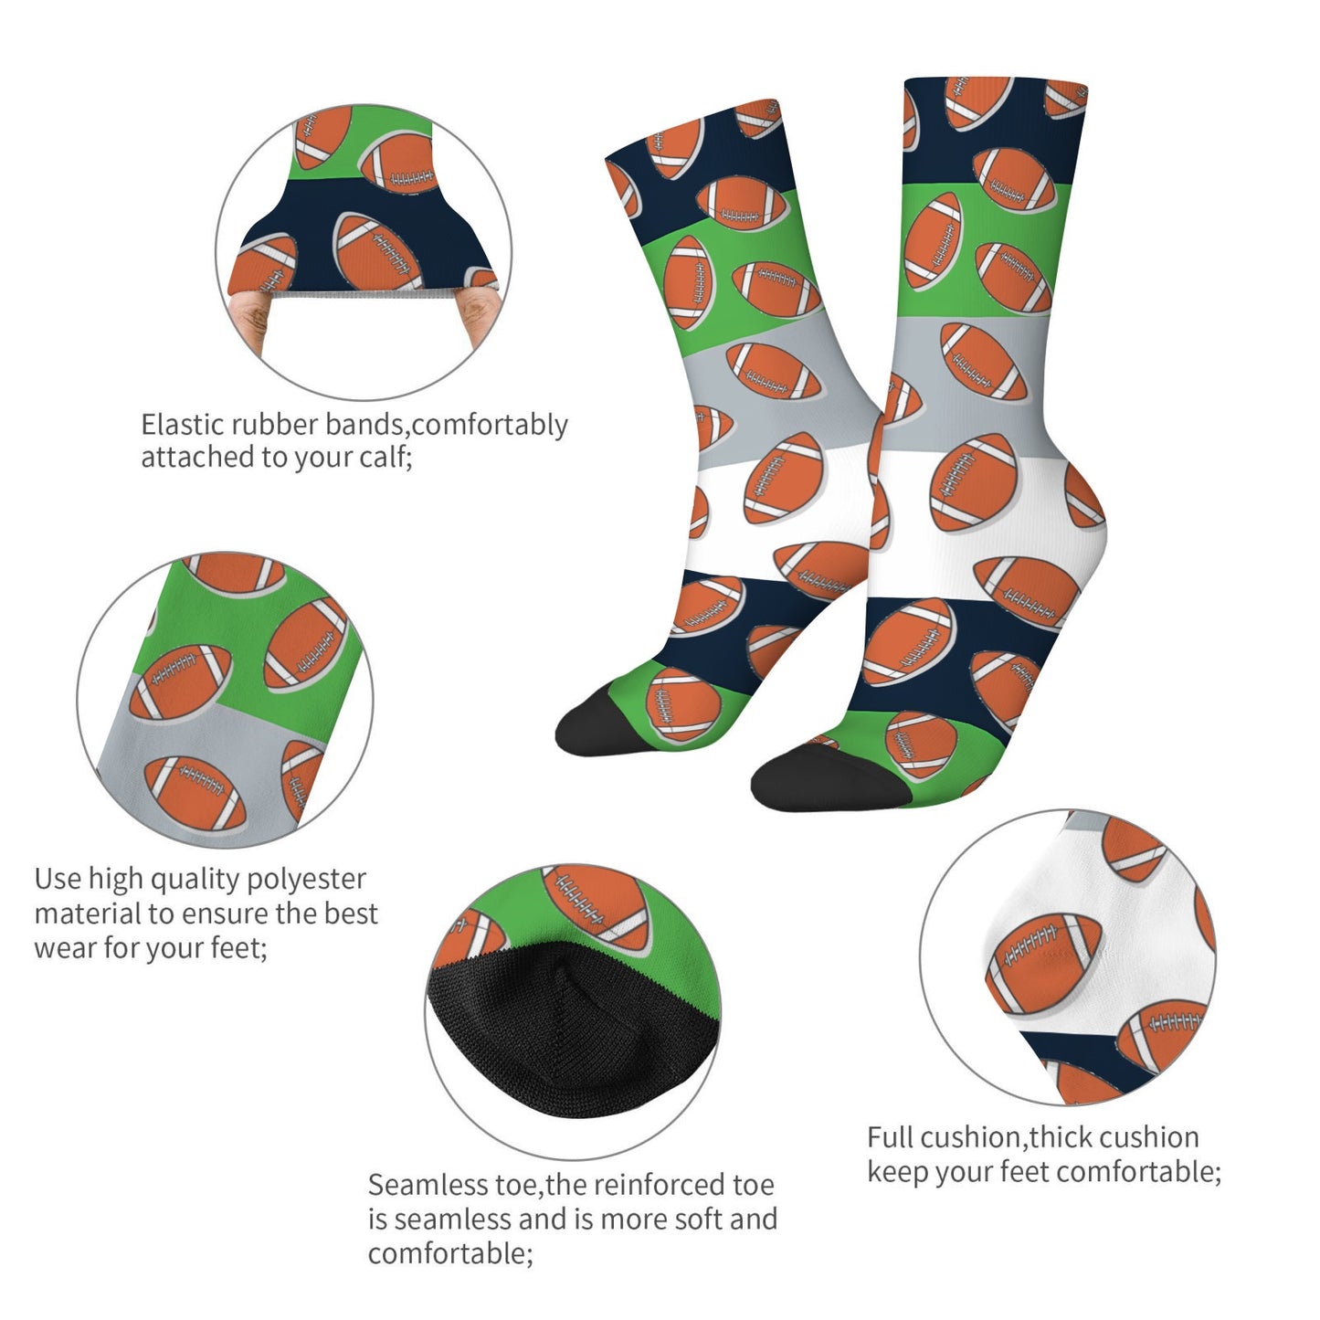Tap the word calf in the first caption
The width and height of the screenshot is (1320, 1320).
[x=383, y=457]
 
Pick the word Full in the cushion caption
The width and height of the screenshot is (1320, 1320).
[x=890, y=1137]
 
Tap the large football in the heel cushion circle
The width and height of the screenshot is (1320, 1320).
[x=1043, y=964]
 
